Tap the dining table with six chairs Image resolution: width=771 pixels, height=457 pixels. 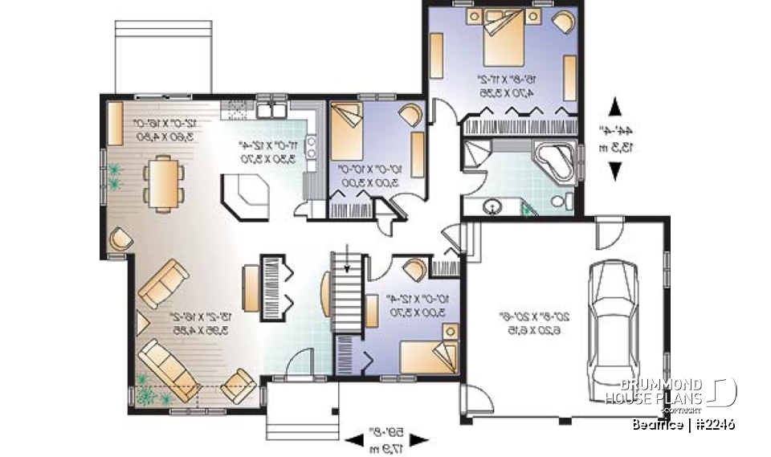[x=164, y=184]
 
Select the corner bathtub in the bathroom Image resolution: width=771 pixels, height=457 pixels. [x=554, y=161]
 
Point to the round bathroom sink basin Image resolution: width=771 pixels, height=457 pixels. [x=492, y=207]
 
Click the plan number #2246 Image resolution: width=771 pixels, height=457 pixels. [x=714, y=424]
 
